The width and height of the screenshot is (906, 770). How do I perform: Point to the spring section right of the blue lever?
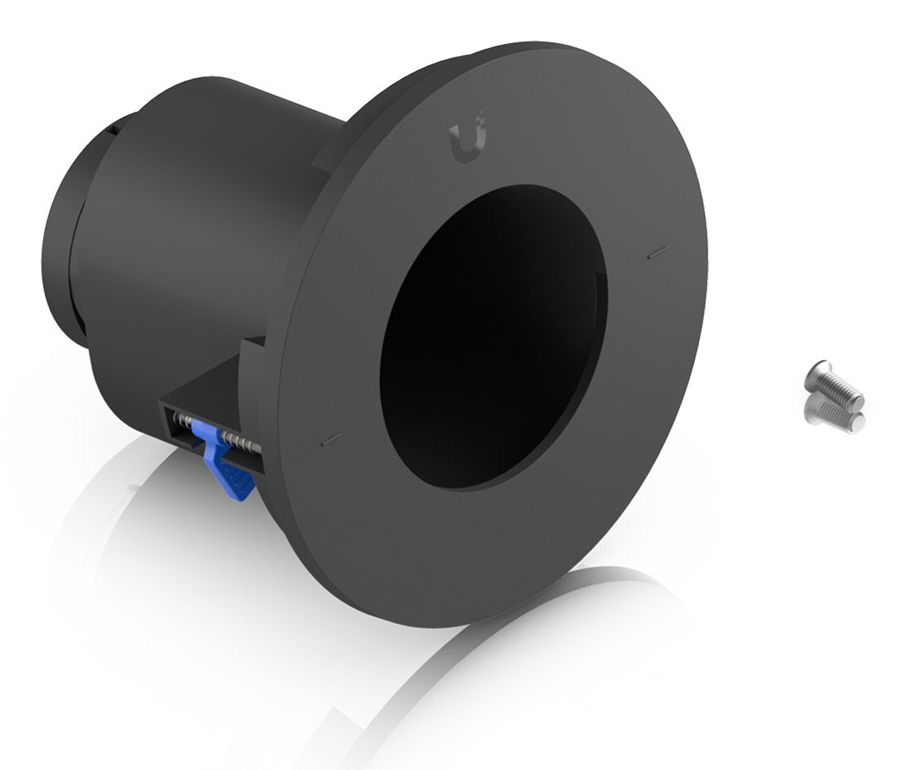(x=245, y=445)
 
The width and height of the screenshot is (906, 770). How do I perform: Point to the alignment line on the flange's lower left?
(x=329, y=440)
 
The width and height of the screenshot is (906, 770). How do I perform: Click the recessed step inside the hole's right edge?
(x=601, y=301)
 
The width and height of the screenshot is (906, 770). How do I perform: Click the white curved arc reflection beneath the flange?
(x=457, y=676)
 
